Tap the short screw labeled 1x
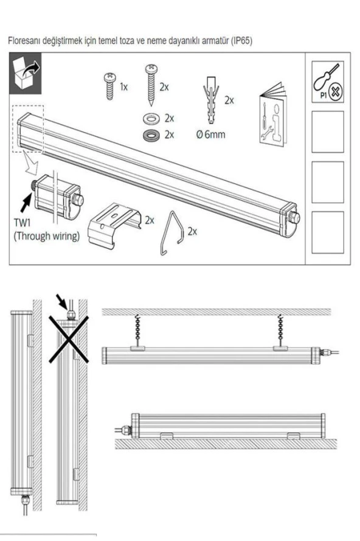(x=109, y=86)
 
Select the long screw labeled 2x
(x=148, y=85)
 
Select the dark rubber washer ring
(x=149, y=134)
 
